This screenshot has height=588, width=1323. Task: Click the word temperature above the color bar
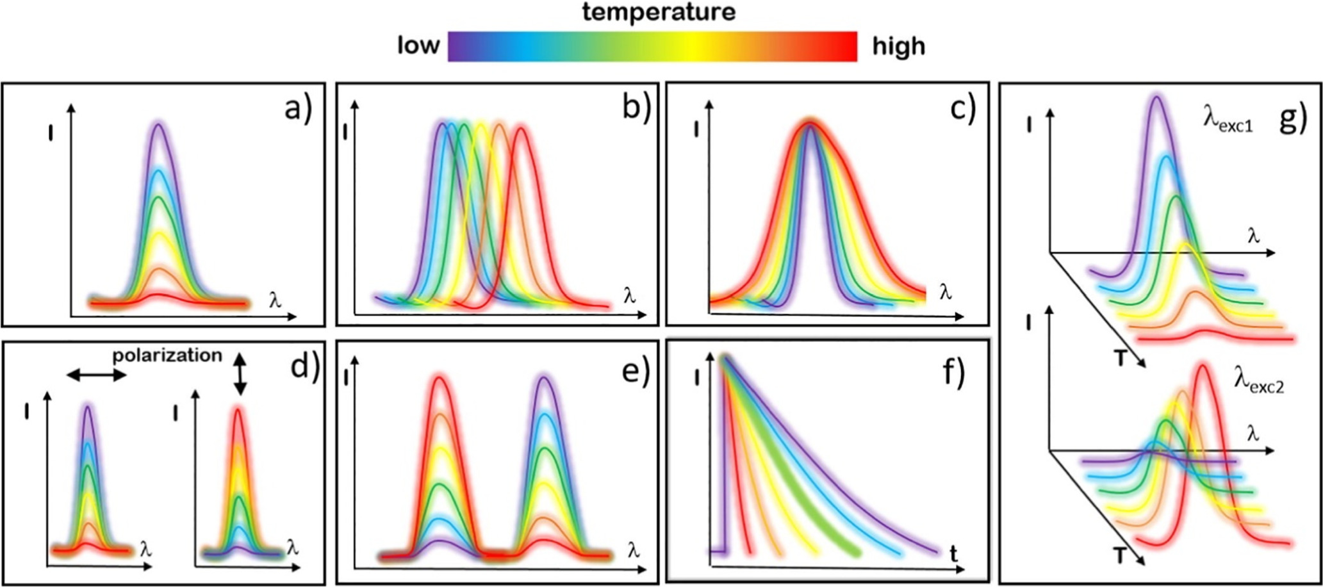(x=658, y=12)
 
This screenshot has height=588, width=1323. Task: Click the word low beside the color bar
(x=418, y=45)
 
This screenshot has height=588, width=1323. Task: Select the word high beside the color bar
(x=898, y=46)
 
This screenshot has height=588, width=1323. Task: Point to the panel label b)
(x=636, y=110)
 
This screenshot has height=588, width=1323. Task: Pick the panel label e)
(x=636, y=371)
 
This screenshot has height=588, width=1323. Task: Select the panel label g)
(x=1292, y=119)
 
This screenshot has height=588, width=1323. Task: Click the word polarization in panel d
(x=167, y=355)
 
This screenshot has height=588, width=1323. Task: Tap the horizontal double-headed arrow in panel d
(x=97, y=375)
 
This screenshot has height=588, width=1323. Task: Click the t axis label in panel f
(x=954, y=554)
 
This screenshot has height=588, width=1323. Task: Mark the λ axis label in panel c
(x=944, y=293)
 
